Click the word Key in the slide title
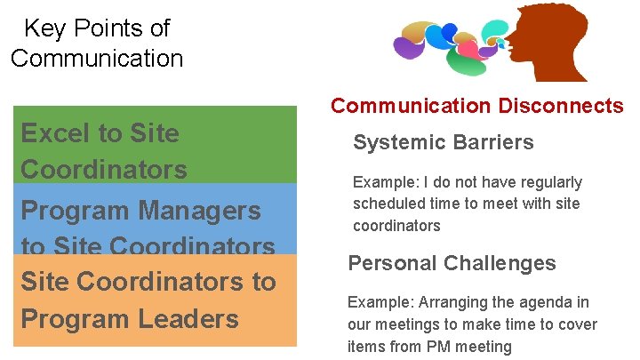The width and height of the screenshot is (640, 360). coord(43,28)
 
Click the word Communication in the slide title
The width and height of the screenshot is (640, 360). coord(97,59)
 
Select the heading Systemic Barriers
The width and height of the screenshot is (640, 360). coord(443,142)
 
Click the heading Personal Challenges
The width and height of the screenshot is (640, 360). coord(452,263)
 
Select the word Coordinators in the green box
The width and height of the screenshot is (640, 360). coord(104,169)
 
